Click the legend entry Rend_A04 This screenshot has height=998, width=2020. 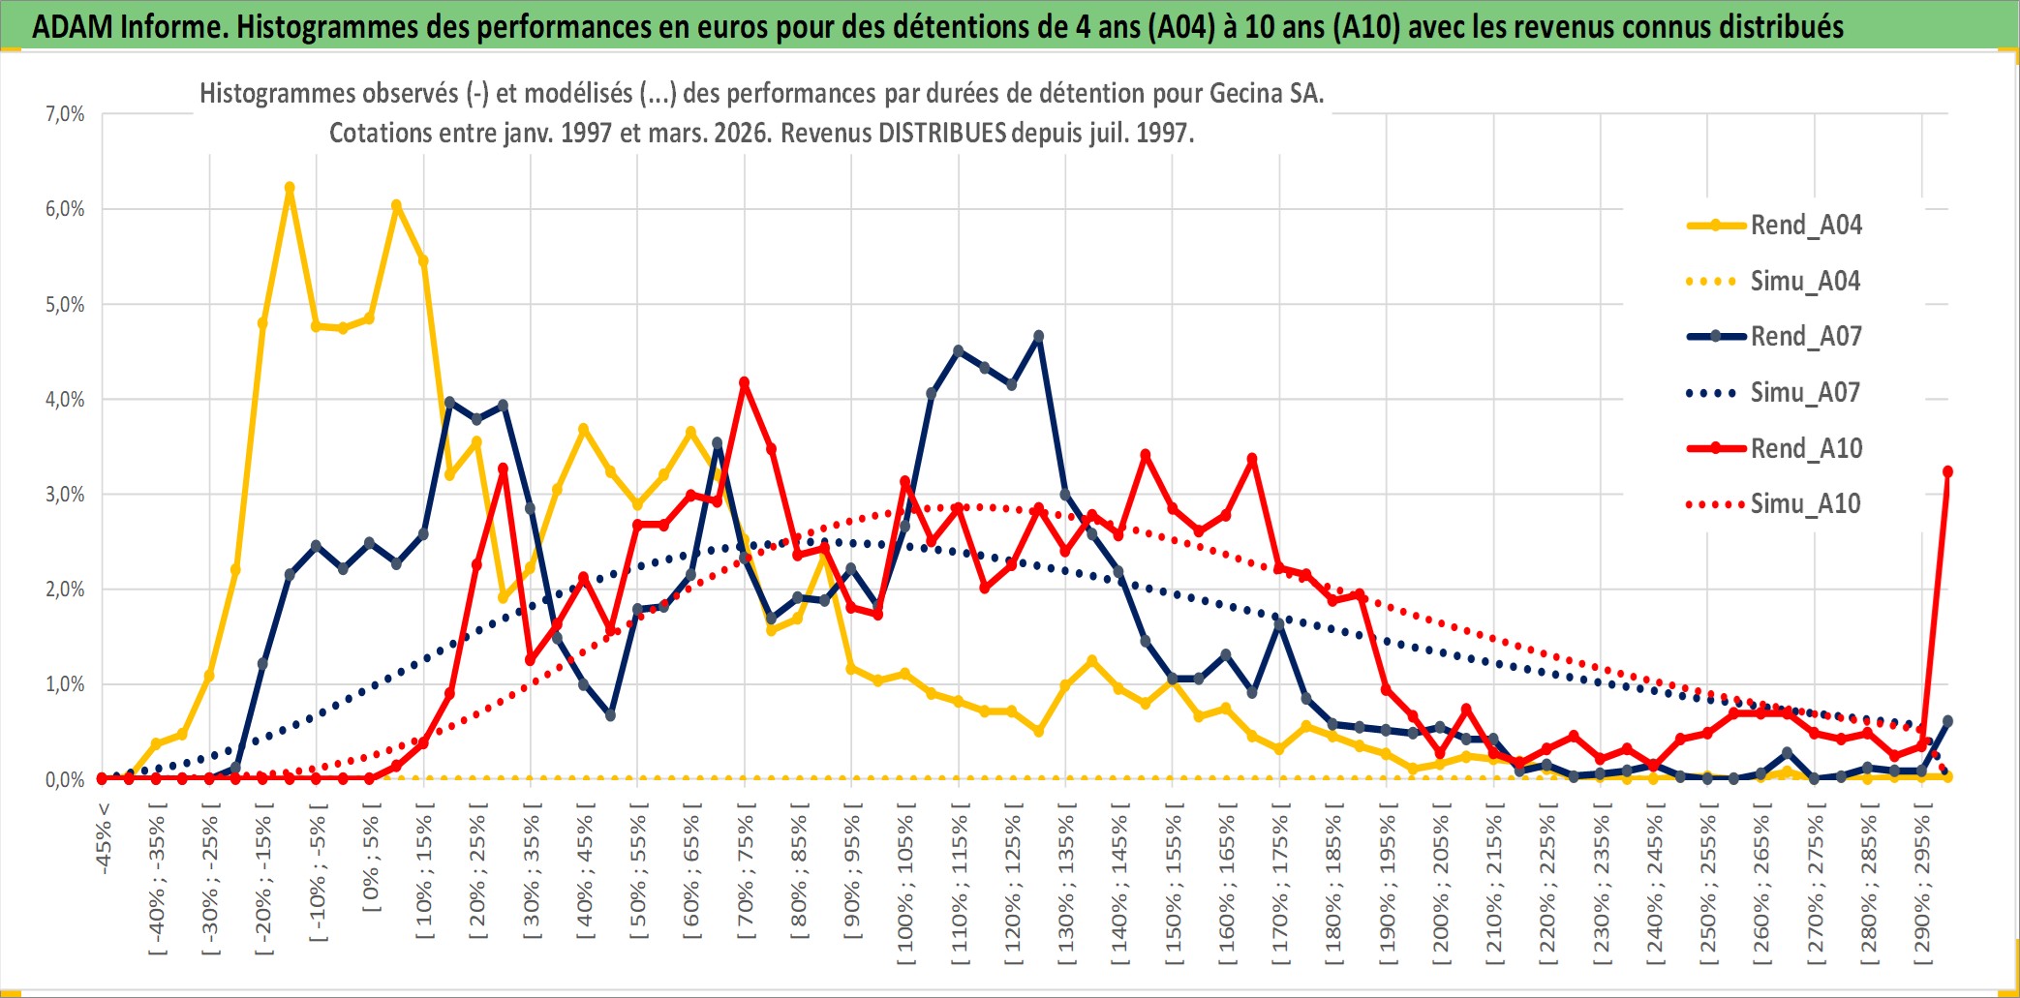point(1805,226)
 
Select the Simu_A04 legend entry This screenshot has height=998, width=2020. point(1805,282)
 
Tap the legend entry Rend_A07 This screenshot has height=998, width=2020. point(1805,337)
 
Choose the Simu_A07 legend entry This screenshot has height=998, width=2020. point(1805,393)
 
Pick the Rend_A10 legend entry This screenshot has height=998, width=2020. point(1805,448)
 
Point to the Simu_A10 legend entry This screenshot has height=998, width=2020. point(1805,503)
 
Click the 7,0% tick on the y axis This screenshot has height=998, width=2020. point(65,114)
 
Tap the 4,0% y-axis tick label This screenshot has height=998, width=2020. point(65,399)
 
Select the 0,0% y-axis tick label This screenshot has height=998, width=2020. point(65,779)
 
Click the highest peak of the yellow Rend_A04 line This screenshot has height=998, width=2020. point(290,188)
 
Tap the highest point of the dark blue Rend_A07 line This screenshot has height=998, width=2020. point(1039,336)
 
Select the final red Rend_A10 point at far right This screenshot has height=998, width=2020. point(1947,471)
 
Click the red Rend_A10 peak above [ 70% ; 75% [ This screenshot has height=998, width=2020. point(745,382)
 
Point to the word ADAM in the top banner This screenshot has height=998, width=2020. point(73,26)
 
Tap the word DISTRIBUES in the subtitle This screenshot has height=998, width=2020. point(942,133)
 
